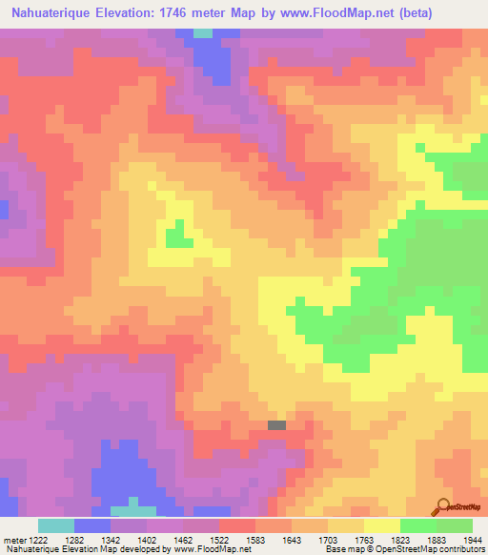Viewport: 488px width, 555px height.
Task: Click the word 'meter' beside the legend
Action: tap(12, 540)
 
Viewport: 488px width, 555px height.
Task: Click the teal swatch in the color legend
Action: tap(55, 525)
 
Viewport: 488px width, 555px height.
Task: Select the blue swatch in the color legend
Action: tap(91, 525)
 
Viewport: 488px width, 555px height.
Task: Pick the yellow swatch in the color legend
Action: tap(381, 525)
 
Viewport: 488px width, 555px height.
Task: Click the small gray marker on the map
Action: tap(276, 425)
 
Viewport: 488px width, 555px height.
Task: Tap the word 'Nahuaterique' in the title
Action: tap(52, 13)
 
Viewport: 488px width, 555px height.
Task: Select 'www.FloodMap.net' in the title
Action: tap(322, 13)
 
